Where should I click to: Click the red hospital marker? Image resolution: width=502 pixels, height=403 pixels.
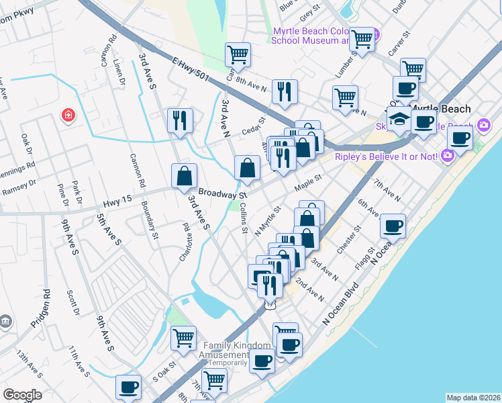coord(68,116)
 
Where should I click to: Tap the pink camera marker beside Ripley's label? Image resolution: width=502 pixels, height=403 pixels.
coord(448,156)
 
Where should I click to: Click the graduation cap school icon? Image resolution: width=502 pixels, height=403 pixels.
coord(399,118)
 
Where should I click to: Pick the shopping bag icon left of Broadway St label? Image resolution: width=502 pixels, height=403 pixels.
coord(185,176)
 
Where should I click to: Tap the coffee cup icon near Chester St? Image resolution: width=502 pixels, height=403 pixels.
coord(393,225)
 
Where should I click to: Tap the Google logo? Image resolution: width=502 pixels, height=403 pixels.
coord(22,395)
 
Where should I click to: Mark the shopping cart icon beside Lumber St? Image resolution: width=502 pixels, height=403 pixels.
coord(362,39)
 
